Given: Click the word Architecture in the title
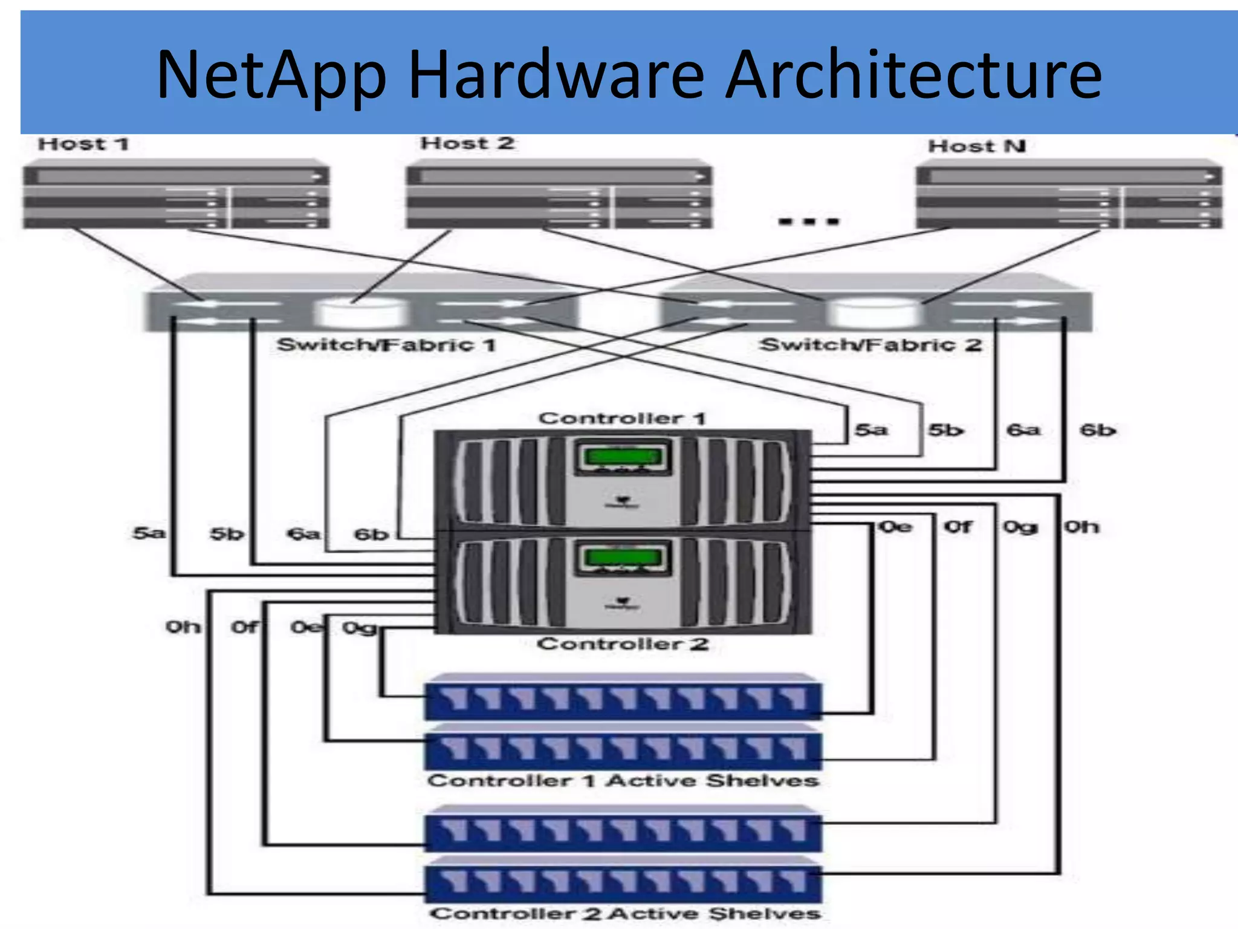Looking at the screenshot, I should [913, 75].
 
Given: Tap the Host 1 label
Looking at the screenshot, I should [83, 144].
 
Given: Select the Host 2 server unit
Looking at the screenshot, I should [559, 195].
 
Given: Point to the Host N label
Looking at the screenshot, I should [976, 146].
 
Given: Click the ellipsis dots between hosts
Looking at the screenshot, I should [808, 221].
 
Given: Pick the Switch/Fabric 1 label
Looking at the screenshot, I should [386, 345].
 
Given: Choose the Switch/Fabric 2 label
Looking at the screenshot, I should [870, 345].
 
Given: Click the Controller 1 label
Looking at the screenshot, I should [622, 418].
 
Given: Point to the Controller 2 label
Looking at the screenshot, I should [622, 644].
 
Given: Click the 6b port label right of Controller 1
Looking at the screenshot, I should [1097, 430].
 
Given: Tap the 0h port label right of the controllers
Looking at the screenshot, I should [1081, 527].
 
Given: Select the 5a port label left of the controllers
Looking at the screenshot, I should [149, 533].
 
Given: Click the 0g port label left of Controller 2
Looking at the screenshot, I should [359, 628].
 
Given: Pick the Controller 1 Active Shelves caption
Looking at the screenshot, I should [623, 780].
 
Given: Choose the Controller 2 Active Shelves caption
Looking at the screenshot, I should [625, 913].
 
